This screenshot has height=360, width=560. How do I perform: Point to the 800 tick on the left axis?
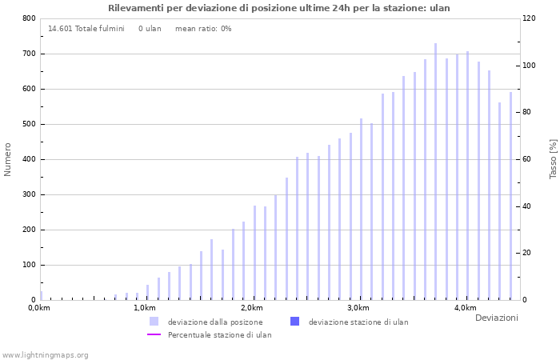point(29,18)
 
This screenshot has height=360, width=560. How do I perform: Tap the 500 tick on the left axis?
point(29,124)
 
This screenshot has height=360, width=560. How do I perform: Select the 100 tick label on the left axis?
point(29,265)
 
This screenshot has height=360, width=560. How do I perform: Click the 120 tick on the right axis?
point(530,18)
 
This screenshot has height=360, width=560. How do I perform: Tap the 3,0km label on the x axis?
point(358,308)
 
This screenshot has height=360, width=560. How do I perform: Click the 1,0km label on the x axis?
point(144,308)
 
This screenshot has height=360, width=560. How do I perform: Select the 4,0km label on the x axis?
point(465,308)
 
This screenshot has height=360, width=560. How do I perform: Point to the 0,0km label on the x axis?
point(38,308)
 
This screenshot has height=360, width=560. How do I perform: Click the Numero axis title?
point(8,159)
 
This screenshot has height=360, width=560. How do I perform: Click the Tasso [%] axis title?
point(553,159)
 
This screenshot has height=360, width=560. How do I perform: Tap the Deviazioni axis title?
point(496,318)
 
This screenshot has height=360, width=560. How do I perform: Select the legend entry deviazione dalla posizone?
point(215,322)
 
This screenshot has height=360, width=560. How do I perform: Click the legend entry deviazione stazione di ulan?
point(358,322)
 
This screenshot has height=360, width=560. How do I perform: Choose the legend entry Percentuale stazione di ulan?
point(219,335)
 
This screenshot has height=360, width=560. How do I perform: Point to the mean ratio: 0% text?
point(203,29)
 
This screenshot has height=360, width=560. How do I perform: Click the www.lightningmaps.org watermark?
point(46,355)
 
